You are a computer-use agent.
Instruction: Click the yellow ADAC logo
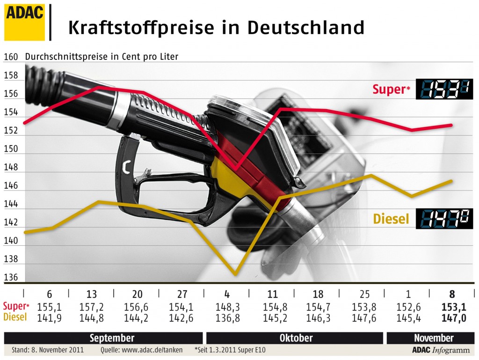[24, 22]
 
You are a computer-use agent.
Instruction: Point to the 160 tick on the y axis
[11, 57]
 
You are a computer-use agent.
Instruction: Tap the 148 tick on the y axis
[11, 168]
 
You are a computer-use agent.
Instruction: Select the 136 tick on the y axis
[11, 278]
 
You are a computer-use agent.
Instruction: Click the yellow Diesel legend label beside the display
[391, 219]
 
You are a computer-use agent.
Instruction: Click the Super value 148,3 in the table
[227, 307]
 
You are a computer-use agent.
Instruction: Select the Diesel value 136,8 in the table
[227, 317]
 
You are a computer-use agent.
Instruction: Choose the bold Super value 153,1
[452, 307]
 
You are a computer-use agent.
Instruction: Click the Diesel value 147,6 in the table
[364, 317]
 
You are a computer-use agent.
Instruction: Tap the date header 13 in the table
[92, 294]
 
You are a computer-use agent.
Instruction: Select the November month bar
[433, 338]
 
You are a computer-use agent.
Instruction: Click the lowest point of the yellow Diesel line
[235, 274]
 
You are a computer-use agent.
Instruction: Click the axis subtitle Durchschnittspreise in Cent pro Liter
[102, 57]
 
